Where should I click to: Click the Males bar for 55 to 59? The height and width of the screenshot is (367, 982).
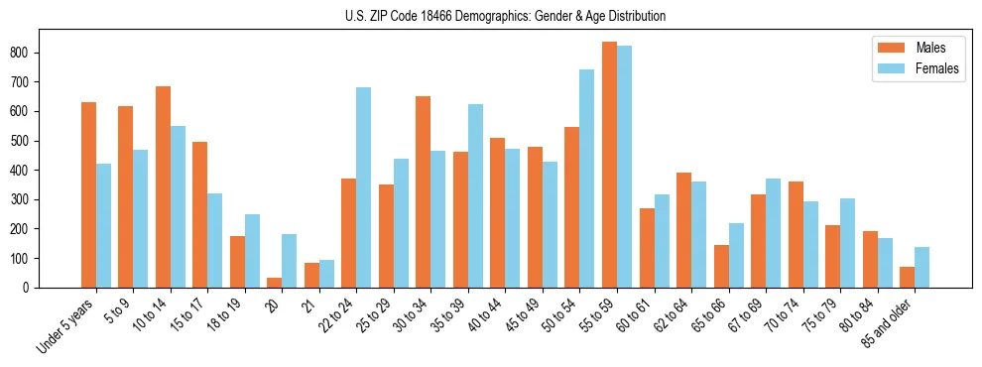pyautogui.click(x=609, y=165)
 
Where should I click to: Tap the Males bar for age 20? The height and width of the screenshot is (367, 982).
pyautogui.click(x=275, y=283)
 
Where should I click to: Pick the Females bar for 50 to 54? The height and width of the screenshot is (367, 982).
pyautogui.click(x=587, y=179)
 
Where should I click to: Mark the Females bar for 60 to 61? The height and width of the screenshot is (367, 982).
pyautogui.click(x=662, y=241)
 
